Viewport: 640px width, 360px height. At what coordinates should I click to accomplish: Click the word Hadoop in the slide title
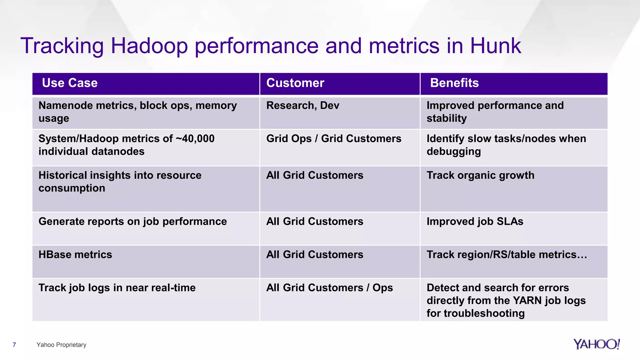(149, 46)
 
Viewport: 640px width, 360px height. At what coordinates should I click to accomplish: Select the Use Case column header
(70, 83)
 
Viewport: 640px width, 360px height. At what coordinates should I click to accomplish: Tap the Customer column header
(295, 83)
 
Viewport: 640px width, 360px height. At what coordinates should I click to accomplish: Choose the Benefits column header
(454, 83)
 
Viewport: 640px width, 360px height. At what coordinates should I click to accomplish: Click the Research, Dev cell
(302, 106)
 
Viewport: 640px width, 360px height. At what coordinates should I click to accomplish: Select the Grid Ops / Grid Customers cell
(333, 139)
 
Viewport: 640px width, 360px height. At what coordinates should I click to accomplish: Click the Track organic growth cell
(480, 175)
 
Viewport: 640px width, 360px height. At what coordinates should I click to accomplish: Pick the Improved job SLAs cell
(475, 222)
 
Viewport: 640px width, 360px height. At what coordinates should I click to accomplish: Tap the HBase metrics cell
(75, 255)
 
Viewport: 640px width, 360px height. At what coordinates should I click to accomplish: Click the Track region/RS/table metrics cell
(507, 255)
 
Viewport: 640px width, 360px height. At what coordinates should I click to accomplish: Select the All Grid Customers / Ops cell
(329, 288)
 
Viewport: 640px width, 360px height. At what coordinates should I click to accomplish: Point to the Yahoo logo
(596, 344)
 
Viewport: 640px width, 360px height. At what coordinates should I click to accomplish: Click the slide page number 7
(14, 345)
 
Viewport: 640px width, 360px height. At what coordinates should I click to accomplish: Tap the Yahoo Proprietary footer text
(61, 345)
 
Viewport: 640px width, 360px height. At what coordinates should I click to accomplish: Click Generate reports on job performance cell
(132, 222)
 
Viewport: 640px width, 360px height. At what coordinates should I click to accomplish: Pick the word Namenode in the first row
(66, 106)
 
